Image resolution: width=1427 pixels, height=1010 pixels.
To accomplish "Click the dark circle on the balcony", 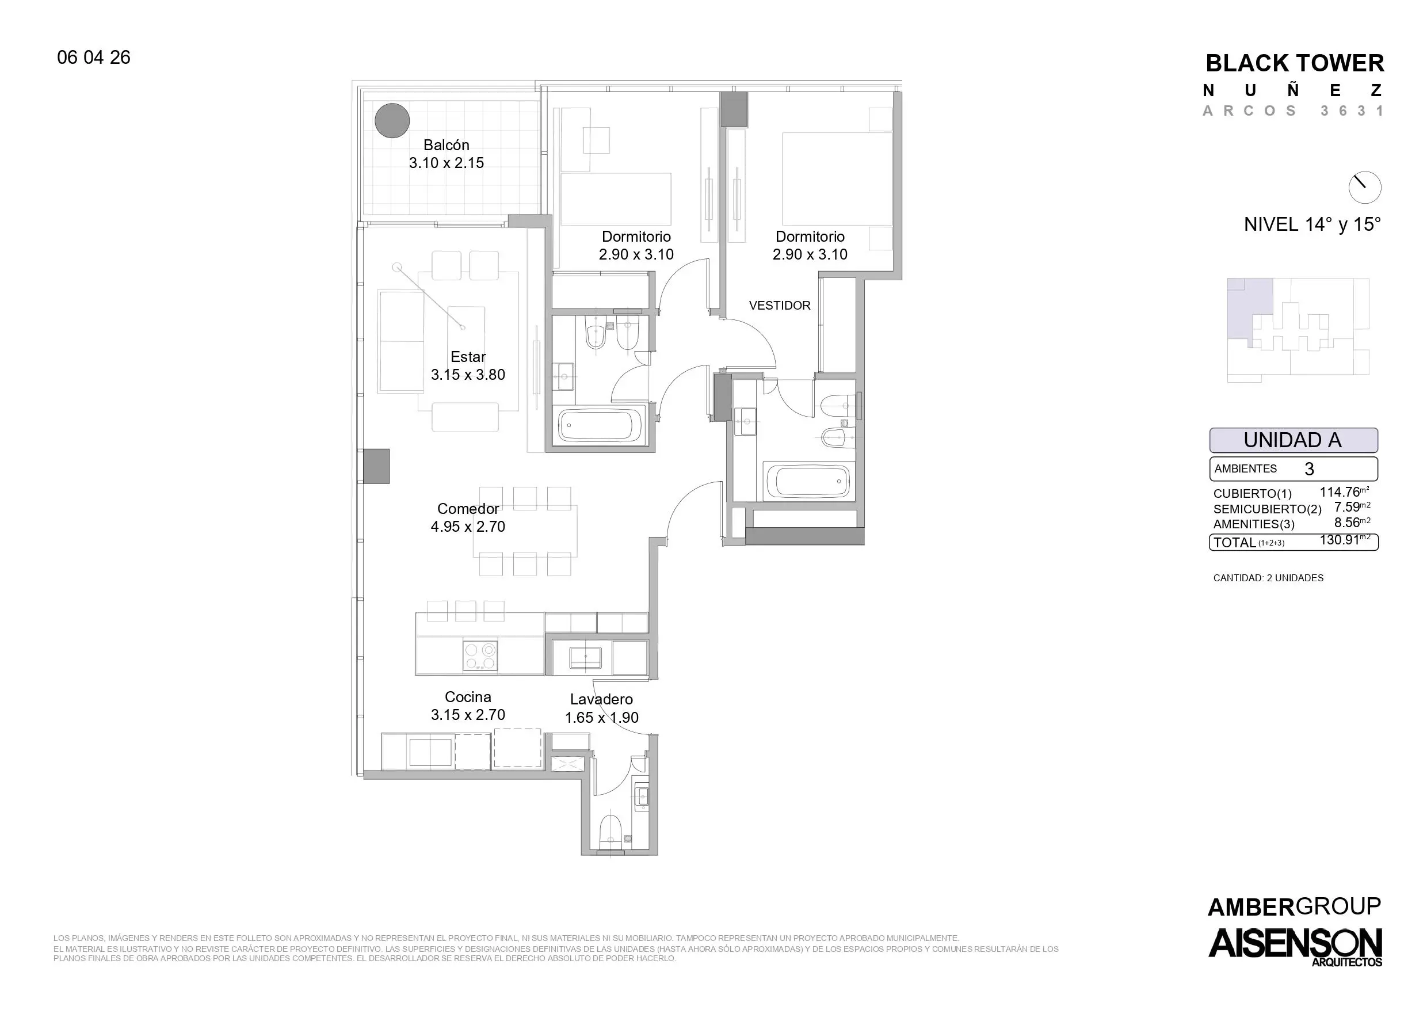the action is pos(392,120).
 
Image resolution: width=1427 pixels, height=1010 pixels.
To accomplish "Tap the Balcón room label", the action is pos(446,145).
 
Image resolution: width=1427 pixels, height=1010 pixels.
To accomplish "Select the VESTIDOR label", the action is pos(780,306).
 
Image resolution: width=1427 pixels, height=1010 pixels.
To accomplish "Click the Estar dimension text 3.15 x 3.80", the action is pos(468,375).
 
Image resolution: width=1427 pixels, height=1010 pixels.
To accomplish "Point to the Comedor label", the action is pos(468,509).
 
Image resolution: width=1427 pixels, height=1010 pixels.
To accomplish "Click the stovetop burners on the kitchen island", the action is pos(479,655).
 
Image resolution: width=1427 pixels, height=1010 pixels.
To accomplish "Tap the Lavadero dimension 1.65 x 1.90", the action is pos(601,717).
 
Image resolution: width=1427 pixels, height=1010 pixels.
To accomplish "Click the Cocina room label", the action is pos(468,697).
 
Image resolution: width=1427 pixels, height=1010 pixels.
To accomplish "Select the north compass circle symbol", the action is pos(1365,187).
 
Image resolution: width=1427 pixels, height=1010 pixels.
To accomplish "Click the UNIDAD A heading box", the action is pos(1294,440).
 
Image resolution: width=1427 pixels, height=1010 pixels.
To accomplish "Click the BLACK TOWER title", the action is pos(1295,63).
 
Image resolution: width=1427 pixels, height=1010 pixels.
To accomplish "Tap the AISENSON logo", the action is pos(1295,946).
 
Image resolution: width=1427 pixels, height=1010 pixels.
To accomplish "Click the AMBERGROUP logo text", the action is pos(1294,908).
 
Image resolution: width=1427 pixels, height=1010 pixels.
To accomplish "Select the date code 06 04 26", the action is pos(94,57).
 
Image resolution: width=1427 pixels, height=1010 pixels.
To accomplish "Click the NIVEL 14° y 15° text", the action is pos(1312,224).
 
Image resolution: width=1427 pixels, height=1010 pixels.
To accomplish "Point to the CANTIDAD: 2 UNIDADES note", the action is pos(1268,578).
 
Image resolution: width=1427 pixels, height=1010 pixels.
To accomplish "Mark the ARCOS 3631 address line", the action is pos(1294,110).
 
